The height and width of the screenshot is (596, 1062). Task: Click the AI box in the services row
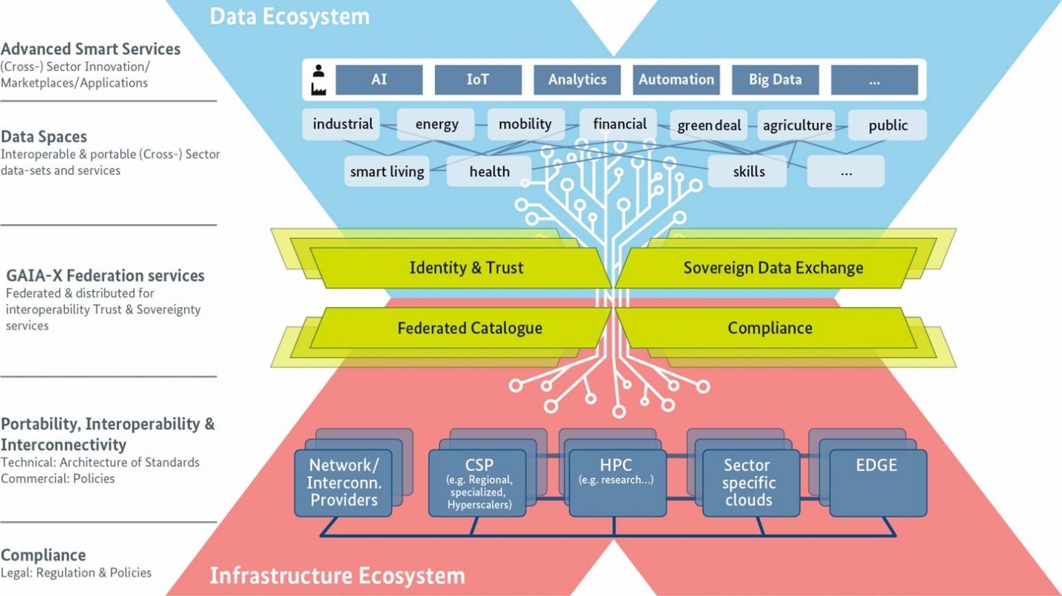pyautogui.click(x=379, y=80)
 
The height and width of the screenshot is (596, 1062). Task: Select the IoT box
pyautogui.click(x=478, y=80)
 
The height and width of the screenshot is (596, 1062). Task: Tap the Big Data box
pyautogui.click(x=775, y=80)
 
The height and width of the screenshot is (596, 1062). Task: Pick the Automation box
pyautogui.click(x=676, y=80)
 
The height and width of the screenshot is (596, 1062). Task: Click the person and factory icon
pyautogui.click(x=318, y=80)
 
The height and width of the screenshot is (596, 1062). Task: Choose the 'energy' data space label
pyautogui.click(x=436, y=124)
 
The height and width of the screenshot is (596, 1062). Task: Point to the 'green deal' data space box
pyautogui.click(x=709, y=125)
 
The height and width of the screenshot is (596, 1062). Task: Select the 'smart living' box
pyautogui.click(x=386, y=171)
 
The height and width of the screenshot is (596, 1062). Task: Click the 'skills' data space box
pyautogui.click(x=748, y=171)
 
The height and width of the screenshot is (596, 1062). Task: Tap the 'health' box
pyautogui.click(x=489, y=171)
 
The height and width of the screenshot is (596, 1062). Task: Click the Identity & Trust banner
pyautogui.click(x=465, y=268)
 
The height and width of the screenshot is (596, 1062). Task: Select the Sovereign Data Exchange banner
pyautogui.click(x=772, y=268)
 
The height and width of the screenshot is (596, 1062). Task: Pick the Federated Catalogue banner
pyautogui.click(x=469, y=328)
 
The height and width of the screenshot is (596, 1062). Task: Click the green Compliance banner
pyautogui.click(x=769, y=328)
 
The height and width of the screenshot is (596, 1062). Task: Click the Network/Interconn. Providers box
pyautogui.click(x=344, y=483)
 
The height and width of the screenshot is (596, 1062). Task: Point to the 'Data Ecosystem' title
pyautogui.click(x=289, y=17)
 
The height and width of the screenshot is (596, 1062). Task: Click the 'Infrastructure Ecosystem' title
pyautogui.click(x=337, y=575)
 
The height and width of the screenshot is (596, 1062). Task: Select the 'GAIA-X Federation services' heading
pyautogui.click(x=105, y=275)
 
